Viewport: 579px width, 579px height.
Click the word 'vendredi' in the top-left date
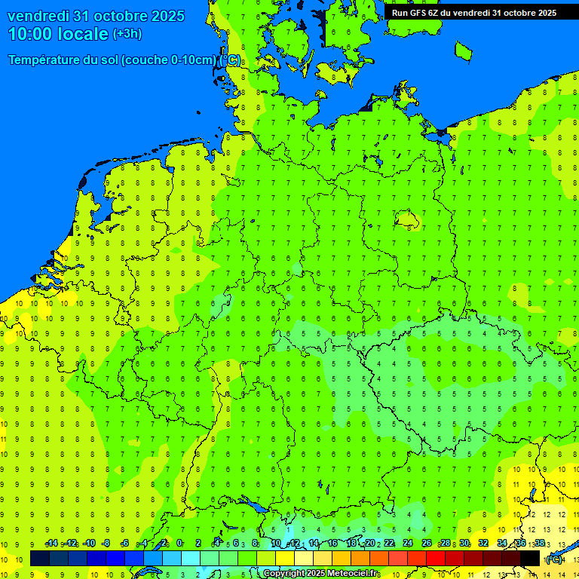[37, 16]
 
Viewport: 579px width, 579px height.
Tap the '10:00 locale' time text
[59, 34]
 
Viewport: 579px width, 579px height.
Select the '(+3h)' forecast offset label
[127, 34]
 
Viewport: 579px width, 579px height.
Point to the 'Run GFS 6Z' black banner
[473, 12]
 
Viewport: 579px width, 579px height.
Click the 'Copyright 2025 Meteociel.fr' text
[320, 574]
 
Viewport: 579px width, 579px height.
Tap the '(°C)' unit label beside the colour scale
[554, 559]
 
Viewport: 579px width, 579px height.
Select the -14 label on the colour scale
[51, 544]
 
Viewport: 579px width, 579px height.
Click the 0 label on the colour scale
[179, 544]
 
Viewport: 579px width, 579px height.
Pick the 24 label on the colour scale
[407, 544]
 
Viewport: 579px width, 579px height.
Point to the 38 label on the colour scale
[539, 544]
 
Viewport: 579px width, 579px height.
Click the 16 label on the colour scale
[332, 544]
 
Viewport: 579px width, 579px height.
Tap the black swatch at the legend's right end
[530, 559]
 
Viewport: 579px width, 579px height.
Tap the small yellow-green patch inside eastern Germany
[407, 219]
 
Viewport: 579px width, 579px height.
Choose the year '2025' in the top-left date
[167, 16]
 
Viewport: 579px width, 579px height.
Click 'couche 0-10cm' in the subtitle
[168, 60]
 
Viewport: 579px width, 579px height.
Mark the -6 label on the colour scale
[124, 544]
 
